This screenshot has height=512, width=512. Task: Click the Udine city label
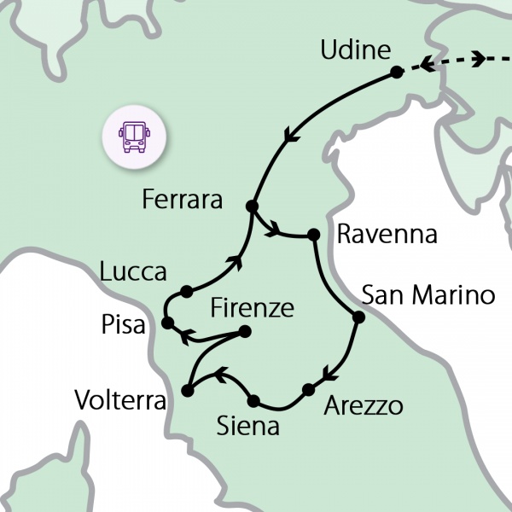[354, 50]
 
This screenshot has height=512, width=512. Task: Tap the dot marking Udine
[396, 73]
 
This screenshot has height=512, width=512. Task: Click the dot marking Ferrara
[252, 207]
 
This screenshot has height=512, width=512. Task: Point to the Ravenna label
[387, 235]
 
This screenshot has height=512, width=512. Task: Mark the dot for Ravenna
[314, 234]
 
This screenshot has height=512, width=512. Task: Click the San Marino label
[428, 296]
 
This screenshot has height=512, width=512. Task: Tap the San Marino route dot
[358, 317]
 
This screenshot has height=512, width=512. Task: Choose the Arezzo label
[364, 405]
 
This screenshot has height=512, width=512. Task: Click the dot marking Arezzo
[307, 390]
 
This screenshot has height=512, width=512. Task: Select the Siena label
[248, 425]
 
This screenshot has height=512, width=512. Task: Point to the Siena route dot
[253, 400]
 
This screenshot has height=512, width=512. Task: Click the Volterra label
[119, 399]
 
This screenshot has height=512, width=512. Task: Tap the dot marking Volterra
[188, 392]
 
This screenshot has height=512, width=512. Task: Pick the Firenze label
[252, 306]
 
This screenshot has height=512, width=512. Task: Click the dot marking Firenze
[246, 331]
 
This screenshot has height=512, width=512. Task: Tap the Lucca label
[132, 272]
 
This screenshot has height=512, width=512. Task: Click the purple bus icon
[133, 134]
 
